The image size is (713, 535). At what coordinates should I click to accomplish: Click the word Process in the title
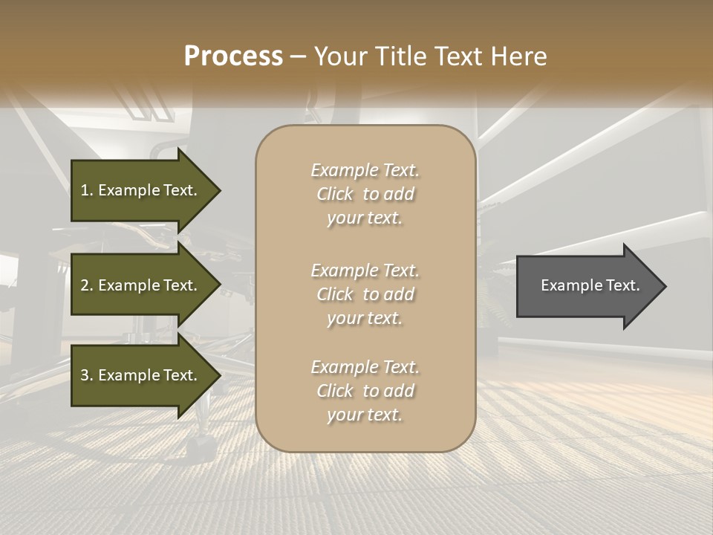(x=233, y=56)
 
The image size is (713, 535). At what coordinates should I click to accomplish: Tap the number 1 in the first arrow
(x=84, y=190)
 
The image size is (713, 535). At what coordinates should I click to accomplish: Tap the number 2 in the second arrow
(x=84, y=285)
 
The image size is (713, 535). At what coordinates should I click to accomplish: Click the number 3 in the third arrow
(x=84, y=375)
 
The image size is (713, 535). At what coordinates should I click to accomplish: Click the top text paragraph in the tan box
(x=365, y=194)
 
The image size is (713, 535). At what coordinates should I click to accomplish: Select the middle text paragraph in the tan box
(x=365, y=294)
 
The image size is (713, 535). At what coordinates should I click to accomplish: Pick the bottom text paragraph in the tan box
(x=365, y=391)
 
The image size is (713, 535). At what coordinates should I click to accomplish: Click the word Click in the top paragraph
(x=335, y=194)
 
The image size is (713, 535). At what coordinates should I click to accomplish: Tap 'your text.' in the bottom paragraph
(x=365, y=415)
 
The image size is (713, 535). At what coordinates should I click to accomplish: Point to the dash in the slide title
(x=299, y=56)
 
